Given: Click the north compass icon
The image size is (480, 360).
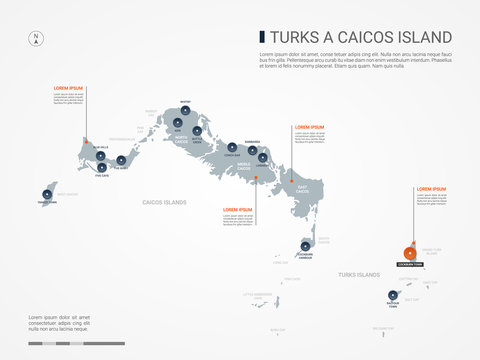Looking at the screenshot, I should (37, 39).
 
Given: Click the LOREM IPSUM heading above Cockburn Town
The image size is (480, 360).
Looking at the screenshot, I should (431, 188).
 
